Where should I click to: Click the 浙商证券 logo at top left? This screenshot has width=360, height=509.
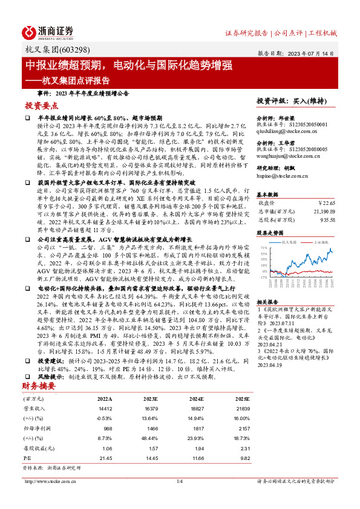coord(48,32)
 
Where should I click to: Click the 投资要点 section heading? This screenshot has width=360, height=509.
coord(41,105)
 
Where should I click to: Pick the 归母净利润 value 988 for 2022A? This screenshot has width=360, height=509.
coord(107,410)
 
